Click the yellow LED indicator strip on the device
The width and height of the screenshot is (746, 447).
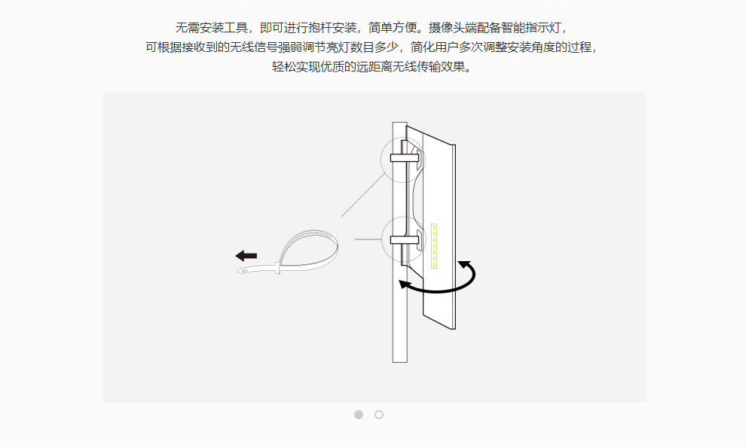point(435,245)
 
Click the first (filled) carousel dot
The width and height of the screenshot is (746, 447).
point(359,415)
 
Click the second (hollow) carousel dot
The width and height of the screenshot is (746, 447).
point(379,415)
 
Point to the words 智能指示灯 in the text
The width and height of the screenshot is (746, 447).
point(531,28)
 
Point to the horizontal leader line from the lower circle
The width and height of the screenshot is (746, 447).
point(368,239)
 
